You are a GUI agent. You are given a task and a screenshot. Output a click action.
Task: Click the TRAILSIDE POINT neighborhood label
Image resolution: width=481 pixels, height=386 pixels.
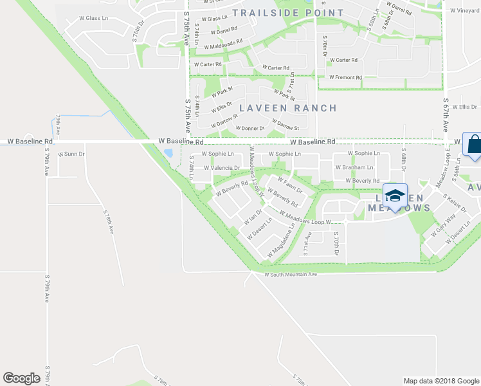click(x=288, y=13)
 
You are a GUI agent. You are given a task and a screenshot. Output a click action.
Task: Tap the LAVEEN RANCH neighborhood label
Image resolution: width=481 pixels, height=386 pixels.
click(x=287, y=108)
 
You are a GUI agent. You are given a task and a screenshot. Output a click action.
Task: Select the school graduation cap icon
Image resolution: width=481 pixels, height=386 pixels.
click(x=395, y=195)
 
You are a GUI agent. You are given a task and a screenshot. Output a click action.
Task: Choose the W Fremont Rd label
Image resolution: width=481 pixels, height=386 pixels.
click(x=345, y=77)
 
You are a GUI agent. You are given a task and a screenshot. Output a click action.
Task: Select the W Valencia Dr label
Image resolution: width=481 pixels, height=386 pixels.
click(x=221, y=168)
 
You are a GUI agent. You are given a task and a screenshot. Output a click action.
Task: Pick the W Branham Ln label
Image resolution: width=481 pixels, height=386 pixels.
click(x=354, y=167)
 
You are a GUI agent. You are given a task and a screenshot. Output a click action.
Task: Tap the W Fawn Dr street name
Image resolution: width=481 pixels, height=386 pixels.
click(x=290, y=187)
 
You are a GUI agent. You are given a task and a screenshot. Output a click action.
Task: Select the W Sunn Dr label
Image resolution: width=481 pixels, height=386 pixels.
click(x=71, y=154)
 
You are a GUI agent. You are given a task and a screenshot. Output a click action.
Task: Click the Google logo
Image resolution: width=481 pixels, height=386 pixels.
click(x=22, y=378)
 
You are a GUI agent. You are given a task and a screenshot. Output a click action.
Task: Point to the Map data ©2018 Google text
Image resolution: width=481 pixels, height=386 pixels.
click(x=440, y=381)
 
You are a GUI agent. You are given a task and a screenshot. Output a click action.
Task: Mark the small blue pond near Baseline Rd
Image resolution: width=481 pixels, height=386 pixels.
click(x=168, y=154)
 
